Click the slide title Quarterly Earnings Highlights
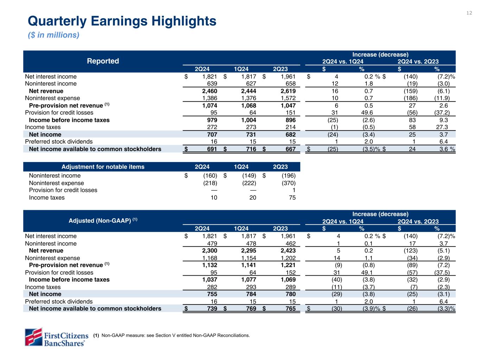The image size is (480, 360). pos(122,21)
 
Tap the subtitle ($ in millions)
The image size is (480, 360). pos(53,35)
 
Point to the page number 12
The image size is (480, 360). pos(469,13)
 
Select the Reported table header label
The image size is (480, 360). pos(103,61)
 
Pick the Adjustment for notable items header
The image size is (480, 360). pos(103,167)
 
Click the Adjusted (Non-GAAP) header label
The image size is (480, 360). pos(103,220)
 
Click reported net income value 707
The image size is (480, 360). pos(211,135)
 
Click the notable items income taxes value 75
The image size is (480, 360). pos(292,198)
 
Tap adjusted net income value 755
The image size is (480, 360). pos(211,294)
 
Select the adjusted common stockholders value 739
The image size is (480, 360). pos(211,309)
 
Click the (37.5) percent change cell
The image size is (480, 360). pos(442,272)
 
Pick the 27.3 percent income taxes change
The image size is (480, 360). pos(443,127)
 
